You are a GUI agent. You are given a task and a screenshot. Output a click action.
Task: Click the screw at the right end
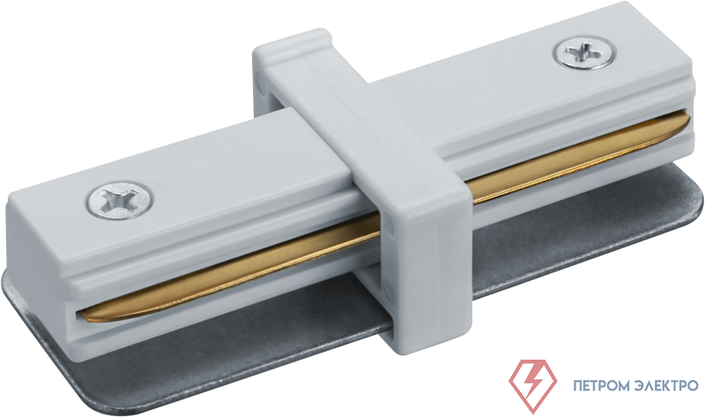tap(584, 53)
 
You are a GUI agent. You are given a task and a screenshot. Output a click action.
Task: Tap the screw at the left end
tap(119, 200)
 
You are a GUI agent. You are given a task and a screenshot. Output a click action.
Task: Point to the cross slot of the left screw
tap(119, 201)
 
